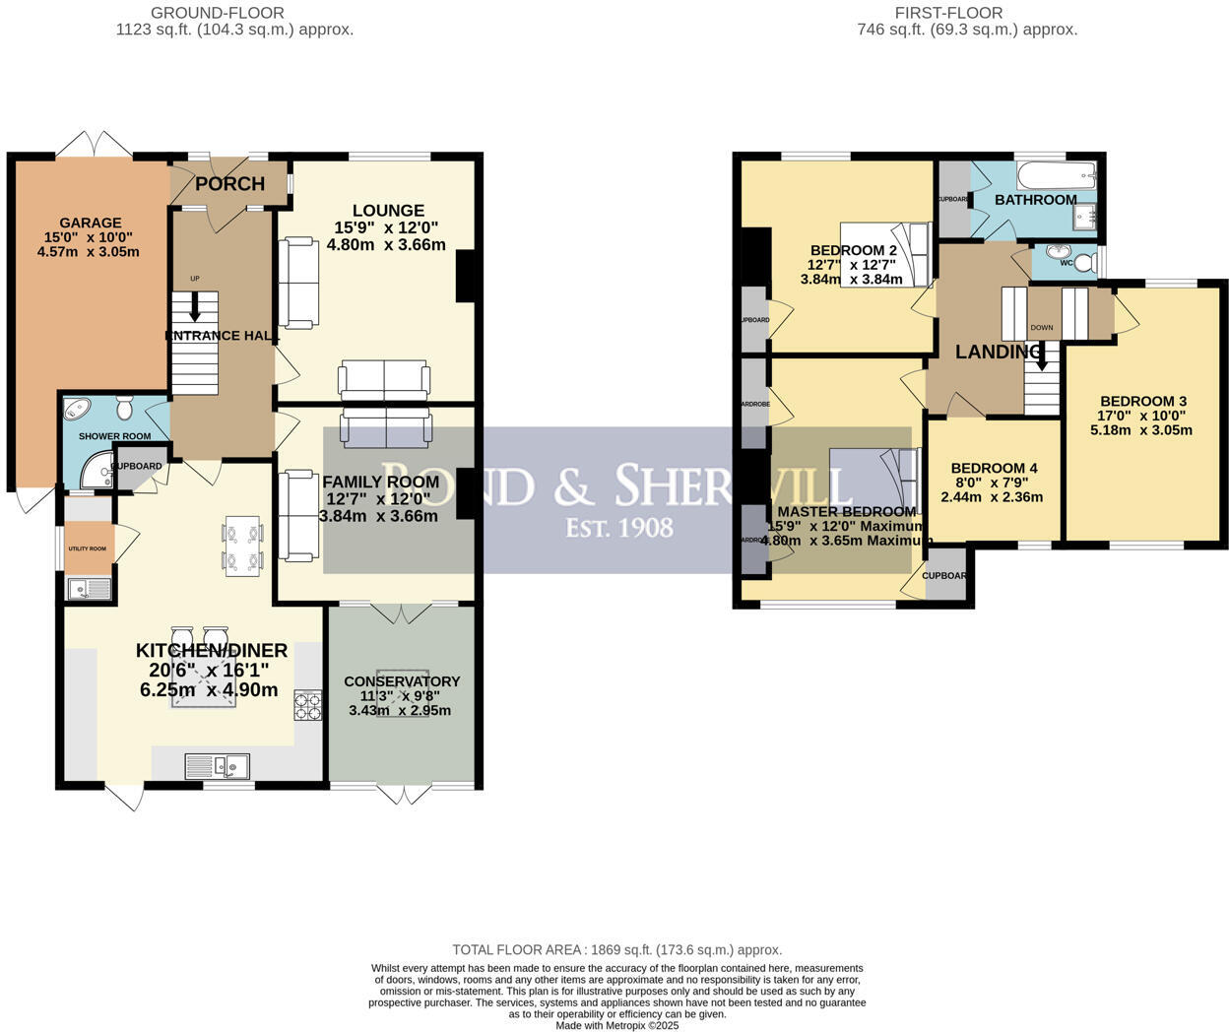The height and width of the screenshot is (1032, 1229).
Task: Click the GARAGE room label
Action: (x=90, y=223)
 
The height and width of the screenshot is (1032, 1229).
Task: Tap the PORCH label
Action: (x=229, y=184)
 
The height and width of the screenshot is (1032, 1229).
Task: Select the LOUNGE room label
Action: (x=389, y=211)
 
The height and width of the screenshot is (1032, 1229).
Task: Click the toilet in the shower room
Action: (x=125, y=408)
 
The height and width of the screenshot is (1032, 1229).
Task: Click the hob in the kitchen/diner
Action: (x=307, y=707)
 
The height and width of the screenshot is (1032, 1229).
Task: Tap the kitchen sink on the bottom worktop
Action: (x=218, y=764)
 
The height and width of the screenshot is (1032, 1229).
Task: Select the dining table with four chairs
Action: (x=242, y=546)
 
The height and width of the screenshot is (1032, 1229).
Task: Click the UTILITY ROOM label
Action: (x=87, y=548)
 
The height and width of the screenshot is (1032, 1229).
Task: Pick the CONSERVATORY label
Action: (x=402, y=681)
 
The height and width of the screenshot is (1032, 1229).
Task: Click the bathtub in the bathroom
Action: (x=1056, y=178)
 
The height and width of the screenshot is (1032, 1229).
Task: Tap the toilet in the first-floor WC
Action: (x=1084, y=263)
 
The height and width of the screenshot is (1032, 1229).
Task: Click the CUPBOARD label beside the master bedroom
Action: (x=944, y=576)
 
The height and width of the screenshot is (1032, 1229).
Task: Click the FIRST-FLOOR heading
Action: (x=948, y=13)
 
